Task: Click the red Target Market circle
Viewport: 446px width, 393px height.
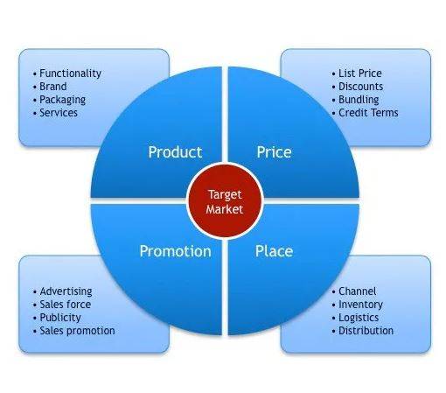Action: (225, 201)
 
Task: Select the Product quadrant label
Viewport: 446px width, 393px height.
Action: (175, 152)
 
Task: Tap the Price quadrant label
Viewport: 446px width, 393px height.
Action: (274, 152)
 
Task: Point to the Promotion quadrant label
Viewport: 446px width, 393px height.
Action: (175, 251)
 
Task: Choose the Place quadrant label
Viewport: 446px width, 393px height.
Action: (274, 251)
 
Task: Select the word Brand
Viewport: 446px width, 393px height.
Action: (53, 87)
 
